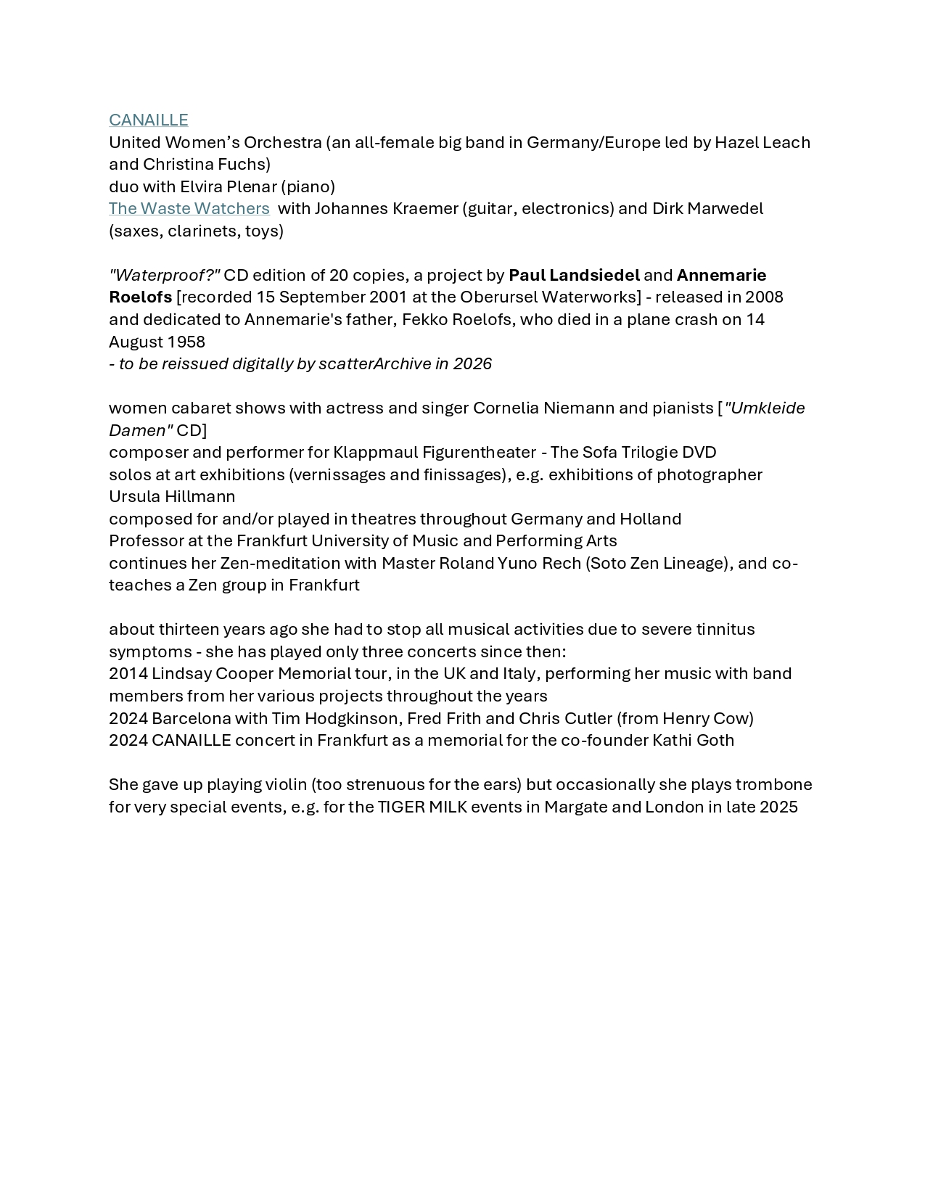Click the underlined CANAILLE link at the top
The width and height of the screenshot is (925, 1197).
coord(148,120)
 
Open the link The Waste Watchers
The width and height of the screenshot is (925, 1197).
coord(189,208)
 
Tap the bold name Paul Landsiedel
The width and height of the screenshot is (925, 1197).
coord(574,275)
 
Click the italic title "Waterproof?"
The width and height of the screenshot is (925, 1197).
coord(164,275)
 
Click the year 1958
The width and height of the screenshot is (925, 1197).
coord(186,342)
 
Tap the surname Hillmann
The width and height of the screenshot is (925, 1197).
coord(200,496)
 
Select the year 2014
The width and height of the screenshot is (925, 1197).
coord(128,673)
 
